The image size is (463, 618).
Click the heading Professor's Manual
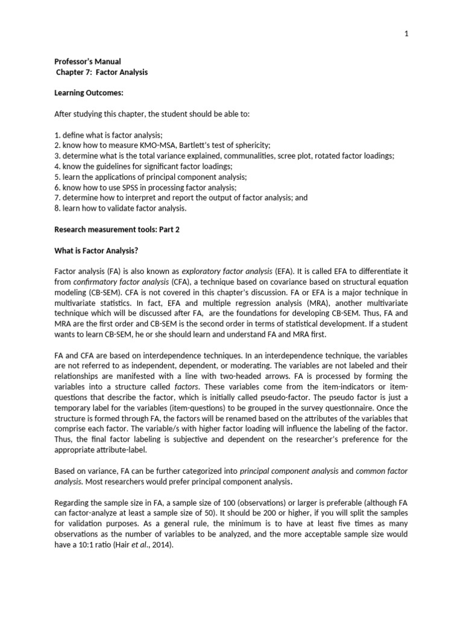[87, 62]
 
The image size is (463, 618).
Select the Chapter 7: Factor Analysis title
[102, 72]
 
